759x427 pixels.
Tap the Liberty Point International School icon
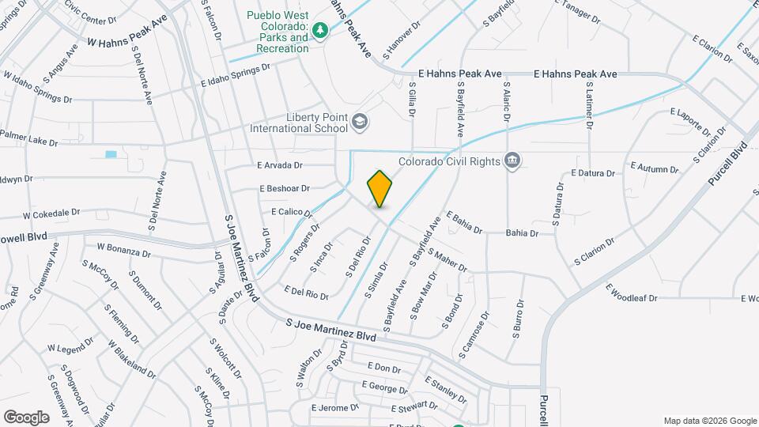(x=360, y=121)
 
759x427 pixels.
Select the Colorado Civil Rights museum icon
(x=513, y=161)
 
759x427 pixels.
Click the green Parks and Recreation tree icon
(x=320, y=31)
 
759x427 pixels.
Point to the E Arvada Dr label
(x=280, y=165)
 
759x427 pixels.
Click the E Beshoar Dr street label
(x=284, y=189)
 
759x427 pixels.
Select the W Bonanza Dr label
(x=123, y=250)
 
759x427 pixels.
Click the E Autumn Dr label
(x=649, y=168)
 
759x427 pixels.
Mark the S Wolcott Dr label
(x=225, y=358)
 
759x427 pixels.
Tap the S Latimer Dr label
(x=588, y=108)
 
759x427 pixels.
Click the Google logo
(x=26, y=417)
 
